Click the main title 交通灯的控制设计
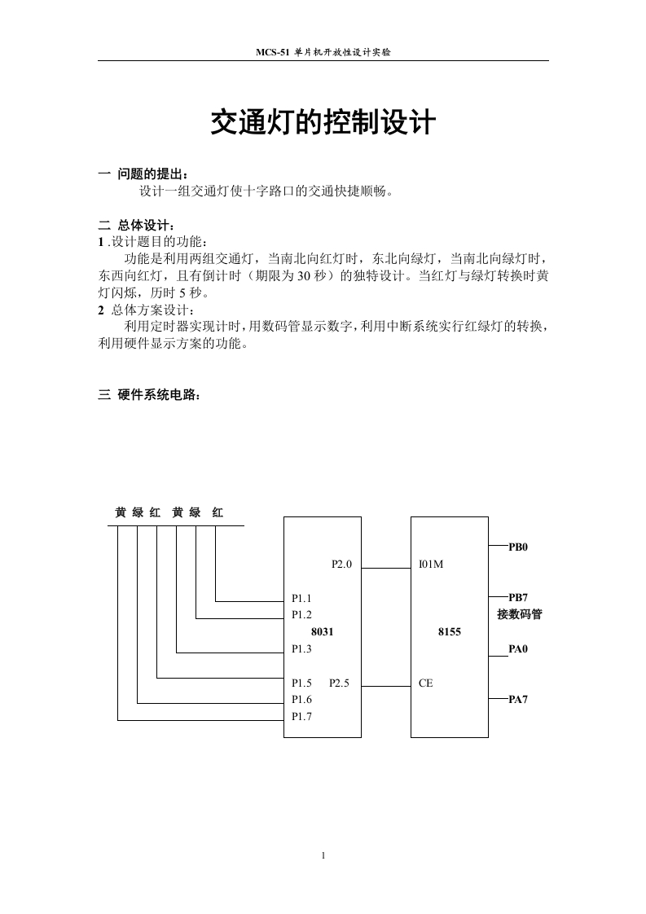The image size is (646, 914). tap(323, 124)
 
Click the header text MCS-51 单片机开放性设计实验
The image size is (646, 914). tap(323, 51)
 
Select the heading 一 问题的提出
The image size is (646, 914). tap(142, 174)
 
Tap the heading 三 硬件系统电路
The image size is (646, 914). tap(147, 395)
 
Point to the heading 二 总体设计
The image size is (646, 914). tap(136, 225)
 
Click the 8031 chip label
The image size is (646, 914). tap(322, 631)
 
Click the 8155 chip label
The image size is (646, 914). tap(449, 631)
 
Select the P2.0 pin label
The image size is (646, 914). tap(341, 564)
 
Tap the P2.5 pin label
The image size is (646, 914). tap(340, 683)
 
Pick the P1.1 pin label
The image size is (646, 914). tap(301, 598)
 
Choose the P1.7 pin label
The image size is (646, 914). tap(301, 717)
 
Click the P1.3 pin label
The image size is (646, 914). tap(301, 649)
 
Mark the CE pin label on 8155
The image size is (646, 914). tap(425, 683)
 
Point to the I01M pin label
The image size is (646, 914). tap(430, 564)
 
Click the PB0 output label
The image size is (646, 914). tap(518, 547)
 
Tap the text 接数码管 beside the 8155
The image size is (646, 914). tap(519, 614)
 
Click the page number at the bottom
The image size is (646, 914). tap(323, 855)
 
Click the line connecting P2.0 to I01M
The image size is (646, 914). tap(386, 567)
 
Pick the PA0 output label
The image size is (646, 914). tap(518, 650)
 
